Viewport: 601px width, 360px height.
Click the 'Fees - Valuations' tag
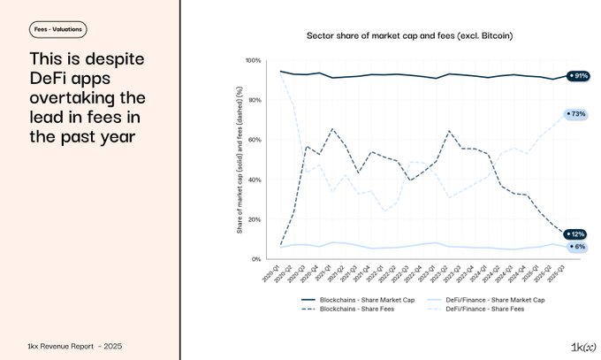(x=57, y=29)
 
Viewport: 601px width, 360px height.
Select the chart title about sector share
(x=410, y=35)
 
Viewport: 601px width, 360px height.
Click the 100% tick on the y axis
(x=252, y=60)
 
